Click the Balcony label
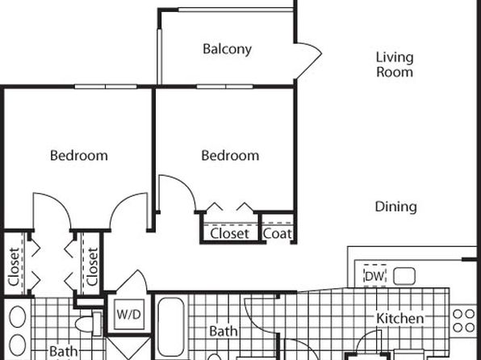point(228,49)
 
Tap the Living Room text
point(395,65)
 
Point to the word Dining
point(395,207)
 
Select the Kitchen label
point(400,318)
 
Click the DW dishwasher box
point(374,275)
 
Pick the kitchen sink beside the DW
point(404,276)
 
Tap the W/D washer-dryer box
point(129,314)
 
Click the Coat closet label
point(278,234)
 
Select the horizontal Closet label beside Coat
point(229,234)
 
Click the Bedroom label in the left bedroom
point(79,156)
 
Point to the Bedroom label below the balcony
point(230,156)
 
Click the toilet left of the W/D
point(89,324)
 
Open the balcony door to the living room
point(308,61)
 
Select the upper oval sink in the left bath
point(18,316)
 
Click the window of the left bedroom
point(106,87)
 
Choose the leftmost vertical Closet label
point(14,266)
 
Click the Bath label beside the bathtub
point(224,332)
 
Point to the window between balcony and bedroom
point(225,86)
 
